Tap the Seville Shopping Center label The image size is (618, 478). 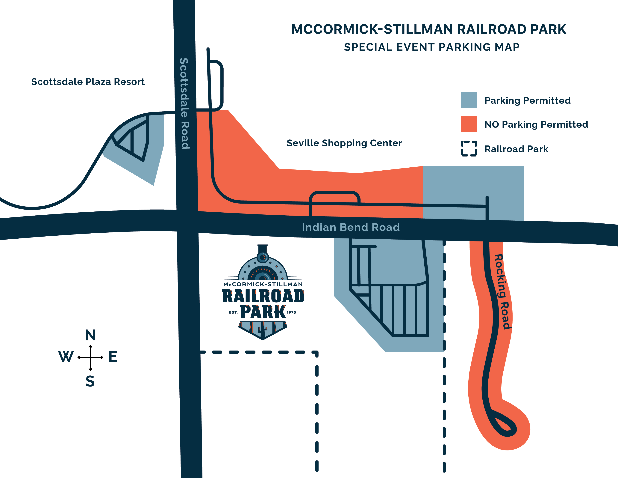click(344, 143)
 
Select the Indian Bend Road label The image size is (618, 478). click(351, 227)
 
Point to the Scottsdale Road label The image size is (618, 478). click(184, 103)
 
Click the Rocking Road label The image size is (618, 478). click(503, 292)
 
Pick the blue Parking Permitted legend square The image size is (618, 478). click(469, 100)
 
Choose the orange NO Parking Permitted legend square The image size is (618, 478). click(469, 124)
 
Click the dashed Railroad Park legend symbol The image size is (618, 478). click(469, 149)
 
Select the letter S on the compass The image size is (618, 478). click(90, 381)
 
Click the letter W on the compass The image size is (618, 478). click(66, 356)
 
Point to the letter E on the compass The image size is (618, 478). click(113, 356)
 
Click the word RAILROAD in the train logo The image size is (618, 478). click(263, 296)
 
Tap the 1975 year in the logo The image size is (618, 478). click(291, 312)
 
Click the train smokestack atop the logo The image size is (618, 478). click(263, 249)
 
